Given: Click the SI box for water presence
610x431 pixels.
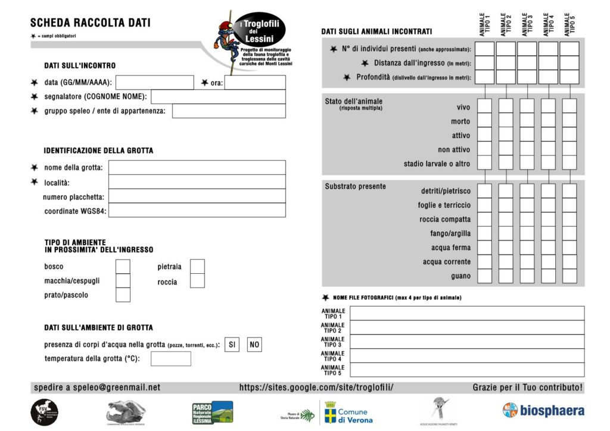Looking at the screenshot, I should [x=232, y=345].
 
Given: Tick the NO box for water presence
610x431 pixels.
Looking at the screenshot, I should [x=254, y=345].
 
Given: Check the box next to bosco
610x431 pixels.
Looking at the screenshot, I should [x=123, y=266].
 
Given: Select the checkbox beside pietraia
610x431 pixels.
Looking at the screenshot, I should [x=197, y=266].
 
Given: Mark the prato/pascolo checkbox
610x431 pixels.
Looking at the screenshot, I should [x=123, y=295].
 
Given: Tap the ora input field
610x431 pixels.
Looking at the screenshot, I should [x=255, y=82].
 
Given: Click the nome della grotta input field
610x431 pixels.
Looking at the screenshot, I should [x=197, y=167].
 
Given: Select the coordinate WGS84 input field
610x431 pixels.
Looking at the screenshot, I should [x=197, y=210].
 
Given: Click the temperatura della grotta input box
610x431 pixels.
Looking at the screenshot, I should [x=171, y=358].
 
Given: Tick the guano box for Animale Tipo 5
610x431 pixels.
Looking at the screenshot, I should [x=569, y=276].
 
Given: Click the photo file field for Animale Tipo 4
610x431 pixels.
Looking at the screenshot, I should [x=466, y=355].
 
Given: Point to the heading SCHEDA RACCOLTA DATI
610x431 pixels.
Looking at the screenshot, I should [x=91, y=23].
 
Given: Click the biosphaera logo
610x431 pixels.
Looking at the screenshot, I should [x=543, y=410].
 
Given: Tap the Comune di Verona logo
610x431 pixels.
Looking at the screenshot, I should [x=348, y=412].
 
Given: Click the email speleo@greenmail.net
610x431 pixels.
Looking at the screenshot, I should [x=97, y=388].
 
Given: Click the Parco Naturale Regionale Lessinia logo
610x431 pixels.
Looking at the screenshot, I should [x=212, y=412].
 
